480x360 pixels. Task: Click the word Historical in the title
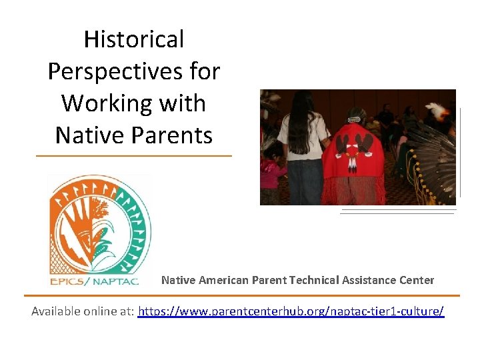pyautogui.click(x=133, y=40)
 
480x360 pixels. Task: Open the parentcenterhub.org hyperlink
pyautogui.click(x=291, y=311)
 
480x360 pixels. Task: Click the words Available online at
pyautogui.click(x=83, y=311)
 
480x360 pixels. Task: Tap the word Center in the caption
pyautogui.click(x=414, y=280)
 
